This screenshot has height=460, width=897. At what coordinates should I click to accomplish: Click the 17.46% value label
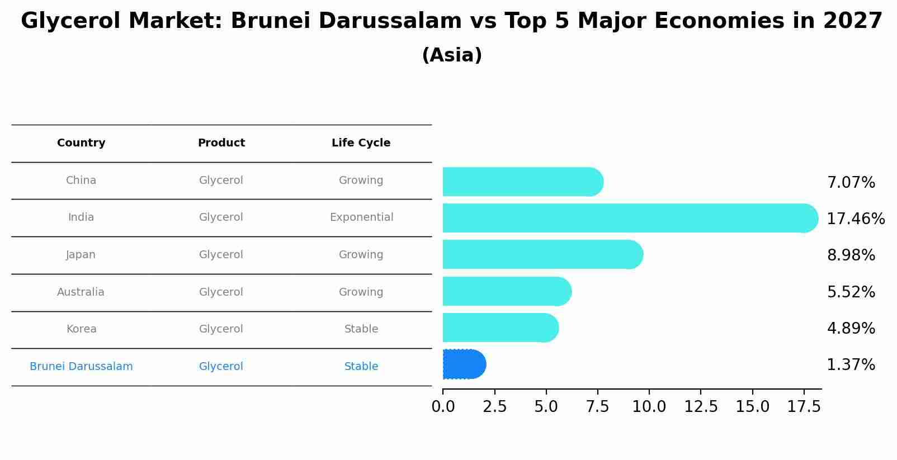(856, 219)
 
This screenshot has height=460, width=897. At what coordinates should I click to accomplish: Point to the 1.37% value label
(851, 365)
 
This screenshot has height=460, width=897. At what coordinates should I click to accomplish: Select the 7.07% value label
(851, 183)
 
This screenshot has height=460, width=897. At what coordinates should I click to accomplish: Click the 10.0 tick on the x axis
(649, 407)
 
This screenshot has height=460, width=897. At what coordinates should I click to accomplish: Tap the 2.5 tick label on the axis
(494, 407)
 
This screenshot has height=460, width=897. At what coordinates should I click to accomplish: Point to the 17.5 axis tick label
(804, 407)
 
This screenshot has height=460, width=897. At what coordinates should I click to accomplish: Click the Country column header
(81, 143)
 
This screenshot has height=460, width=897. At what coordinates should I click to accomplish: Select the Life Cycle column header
(361, 143)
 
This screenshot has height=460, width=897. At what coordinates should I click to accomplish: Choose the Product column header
(221, 143)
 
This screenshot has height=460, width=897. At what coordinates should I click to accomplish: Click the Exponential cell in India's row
(361, 217)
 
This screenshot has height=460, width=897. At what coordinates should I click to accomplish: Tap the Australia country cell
(81, 292)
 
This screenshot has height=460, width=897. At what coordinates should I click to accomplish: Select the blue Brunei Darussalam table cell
(81, 367)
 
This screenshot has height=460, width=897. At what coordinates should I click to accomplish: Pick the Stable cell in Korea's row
(361, 329)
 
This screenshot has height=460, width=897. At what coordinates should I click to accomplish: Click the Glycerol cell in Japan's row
(221, 255)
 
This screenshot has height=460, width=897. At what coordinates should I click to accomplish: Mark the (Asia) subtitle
(452, 55)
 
